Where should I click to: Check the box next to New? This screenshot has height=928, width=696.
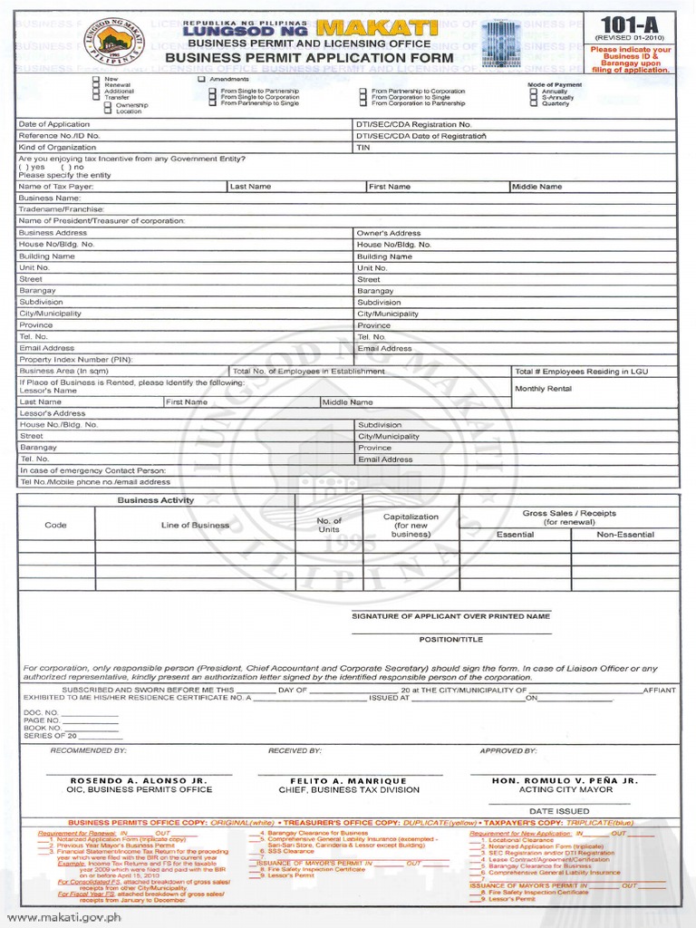pos(96,80)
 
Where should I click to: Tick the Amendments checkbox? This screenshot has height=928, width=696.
pos(202,80)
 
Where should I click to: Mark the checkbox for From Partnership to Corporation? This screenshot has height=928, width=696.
pos(363,92)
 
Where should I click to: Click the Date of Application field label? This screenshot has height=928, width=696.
pos(54,124)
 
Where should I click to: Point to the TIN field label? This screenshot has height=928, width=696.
pos(363,147)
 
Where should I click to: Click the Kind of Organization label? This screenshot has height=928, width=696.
pos(57,147)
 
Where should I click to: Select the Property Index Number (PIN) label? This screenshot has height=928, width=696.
pos(75,360)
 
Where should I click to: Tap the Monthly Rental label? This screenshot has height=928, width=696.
pos(543,389)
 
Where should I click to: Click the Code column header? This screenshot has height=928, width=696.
pos(56,525)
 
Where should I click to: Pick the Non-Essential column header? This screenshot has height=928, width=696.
pos(624,535)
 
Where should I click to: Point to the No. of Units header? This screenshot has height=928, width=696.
pos(328,525)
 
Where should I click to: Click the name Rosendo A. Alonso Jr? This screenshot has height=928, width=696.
pos(139,780)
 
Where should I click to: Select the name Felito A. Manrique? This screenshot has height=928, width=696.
pos(349,780)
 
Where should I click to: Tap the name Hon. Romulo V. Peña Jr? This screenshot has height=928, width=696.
pos(565,780)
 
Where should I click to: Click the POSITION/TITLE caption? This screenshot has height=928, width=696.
pos(450,639)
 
